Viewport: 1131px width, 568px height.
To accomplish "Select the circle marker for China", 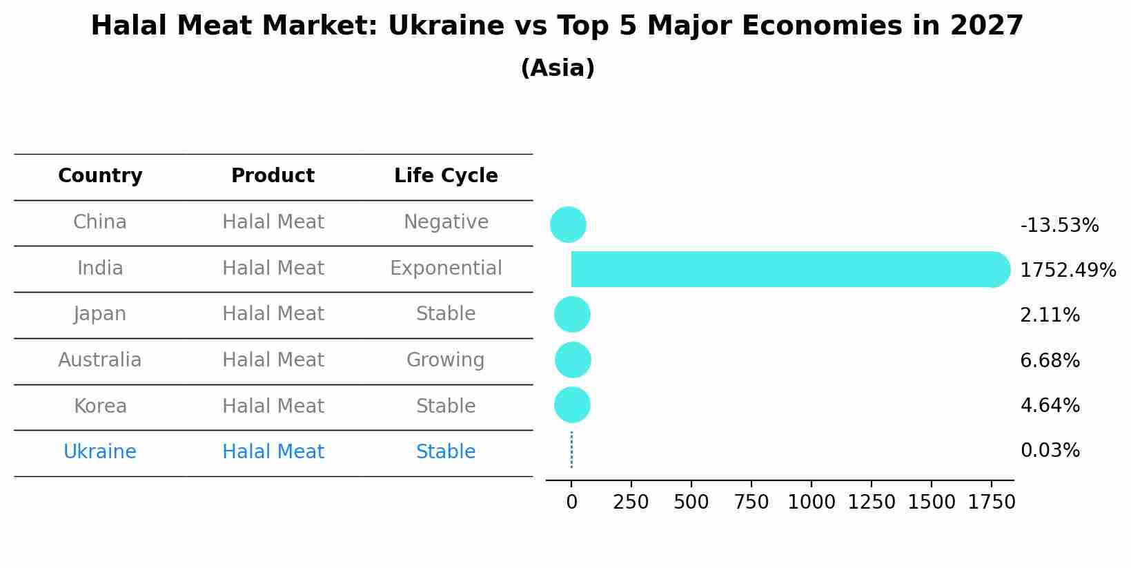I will pos(568,224).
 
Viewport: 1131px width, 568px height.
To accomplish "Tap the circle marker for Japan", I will pos(572,315).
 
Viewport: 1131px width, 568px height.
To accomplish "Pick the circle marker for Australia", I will pos(573,360).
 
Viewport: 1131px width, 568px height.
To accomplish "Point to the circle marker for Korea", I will pos(572,404).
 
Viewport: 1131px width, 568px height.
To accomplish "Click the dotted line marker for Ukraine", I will pos(571,450).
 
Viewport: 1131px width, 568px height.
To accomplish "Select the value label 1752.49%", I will pos(1068,271).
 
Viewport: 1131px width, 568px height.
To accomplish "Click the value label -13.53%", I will pos(1059,226).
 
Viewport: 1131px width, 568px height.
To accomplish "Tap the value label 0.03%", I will pos(1050,451).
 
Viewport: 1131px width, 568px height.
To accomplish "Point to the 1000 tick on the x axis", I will pos(812,502).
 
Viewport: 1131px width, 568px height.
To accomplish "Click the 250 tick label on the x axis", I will pos(631,502).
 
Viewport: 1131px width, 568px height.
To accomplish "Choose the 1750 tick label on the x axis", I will pos(992,502).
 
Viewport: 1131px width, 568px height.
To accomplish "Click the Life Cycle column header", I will pos(446,176).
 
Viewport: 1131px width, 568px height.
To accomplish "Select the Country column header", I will pos(100,176).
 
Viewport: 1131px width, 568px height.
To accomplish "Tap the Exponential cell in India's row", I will pos(446,268).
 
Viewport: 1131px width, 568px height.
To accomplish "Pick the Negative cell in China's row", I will pos(446,222).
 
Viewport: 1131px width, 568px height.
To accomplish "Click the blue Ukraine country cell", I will pos(100,452).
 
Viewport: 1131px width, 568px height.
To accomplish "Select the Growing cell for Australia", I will pos(445,360).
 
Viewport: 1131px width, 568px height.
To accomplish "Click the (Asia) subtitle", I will pos(558,68).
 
